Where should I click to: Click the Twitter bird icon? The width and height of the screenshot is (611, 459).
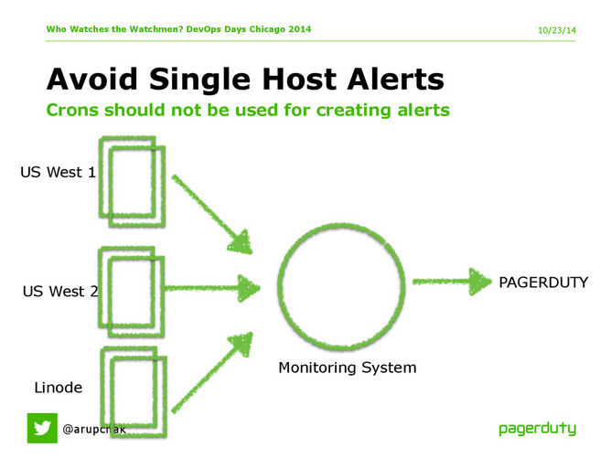(x=41, y=427)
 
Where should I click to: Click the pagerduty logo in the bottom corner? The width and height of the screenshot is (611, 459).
(x=538, y=428)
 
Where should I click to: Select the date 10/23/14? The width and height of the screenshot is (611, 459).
(x=558, y=30)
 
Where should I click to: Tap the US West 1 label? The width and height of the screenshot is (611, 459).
(x=58, y=172)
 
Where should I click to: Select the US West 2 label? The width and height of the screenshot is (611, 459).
(x=59, y=292)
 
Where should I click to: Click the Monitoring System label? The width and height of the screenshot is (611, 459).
(x=347, y=368)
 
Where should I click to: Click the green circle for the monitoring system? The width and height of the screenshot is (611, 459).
(x=340, y=284)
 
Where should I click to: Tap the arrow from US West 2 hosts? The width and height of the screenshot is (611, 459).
(x=211, y=288)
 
